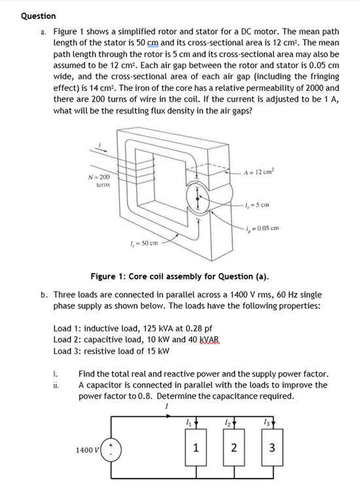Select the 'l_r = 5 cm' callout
pyautogui.click(x=258, y=204)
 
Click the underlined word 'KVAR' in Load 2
pyautogui.click(x=218, y=339)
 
